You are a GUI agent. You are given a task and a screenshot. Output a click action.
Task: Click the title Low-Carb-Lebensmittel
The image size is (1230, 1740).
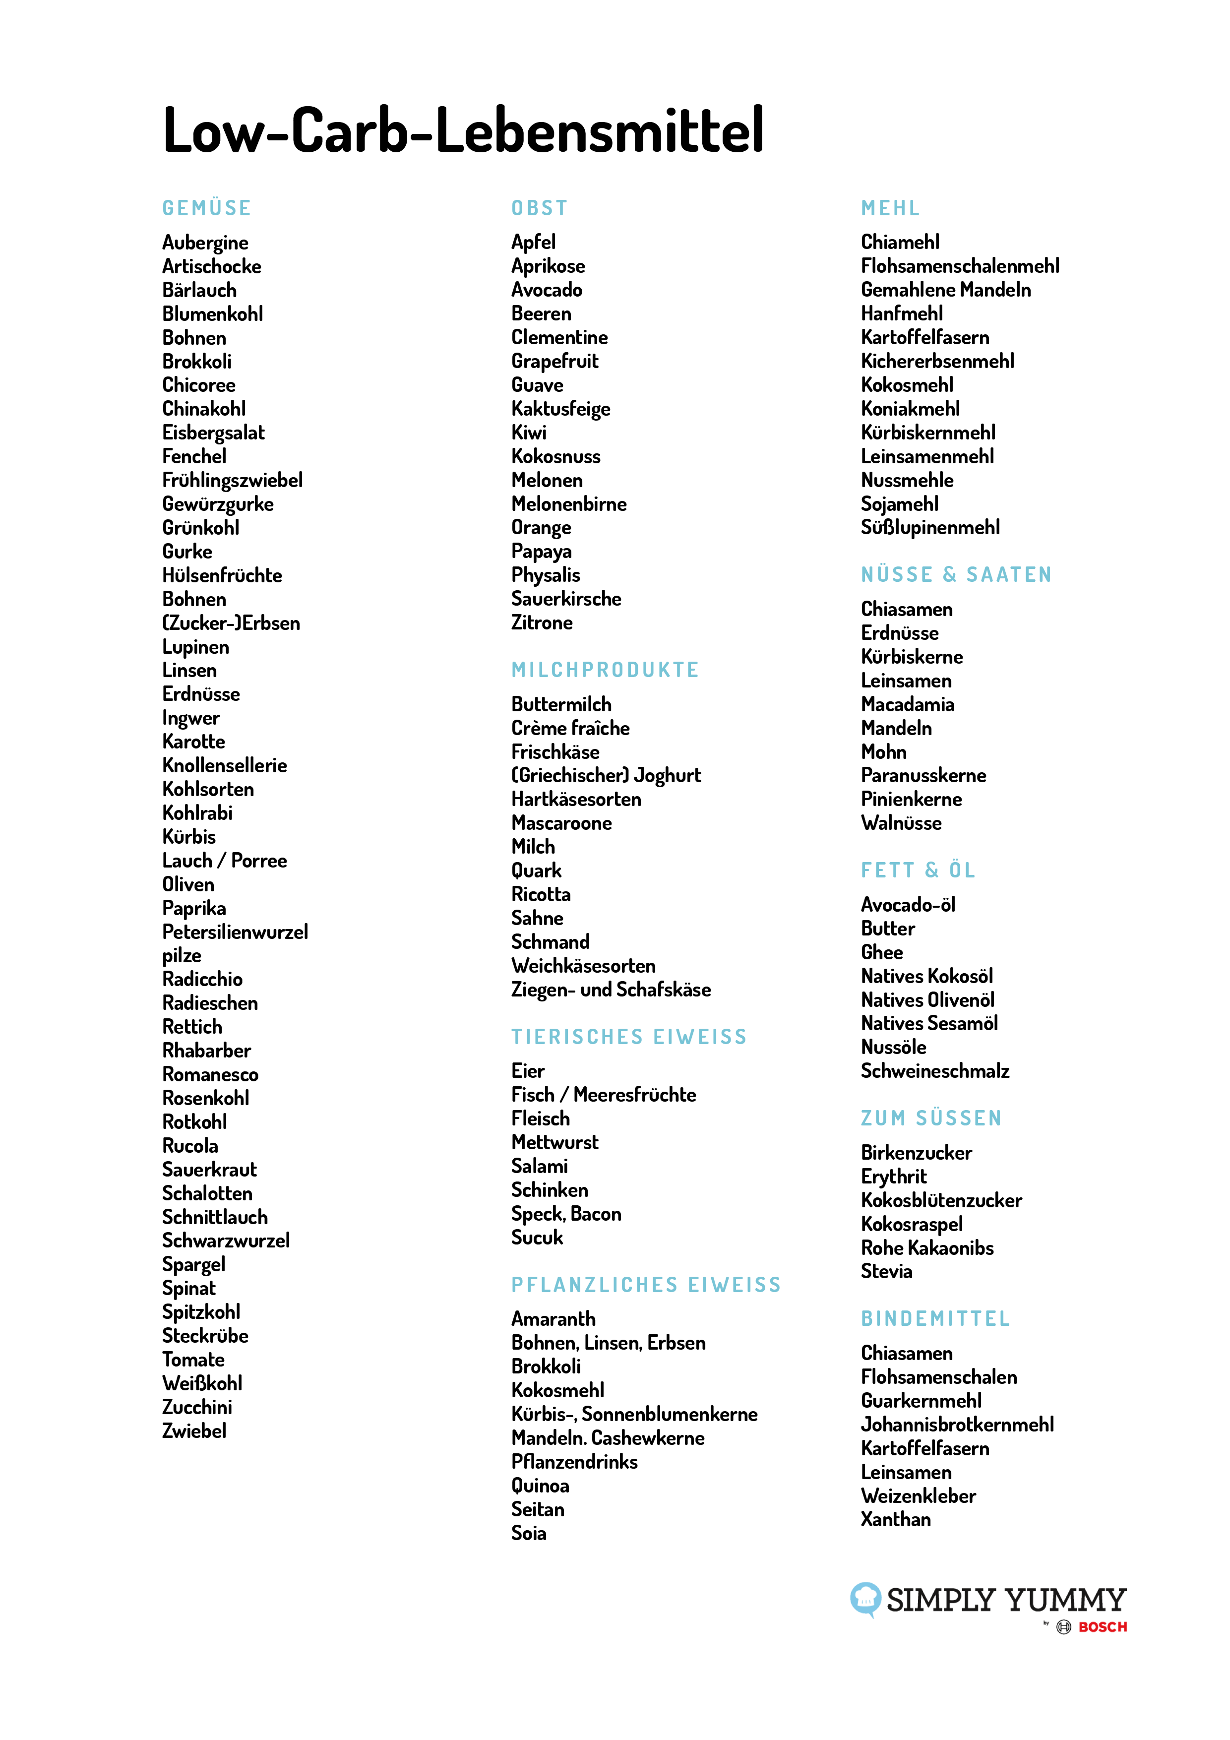[x=463, y=130]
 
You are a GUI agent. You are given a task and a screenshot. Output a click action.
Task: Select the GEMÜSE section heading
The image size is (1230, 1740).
[x=206, y=208]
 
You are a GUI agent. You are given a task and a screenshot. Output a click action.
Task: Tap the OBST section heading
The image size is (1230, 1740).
[x=540, y=208]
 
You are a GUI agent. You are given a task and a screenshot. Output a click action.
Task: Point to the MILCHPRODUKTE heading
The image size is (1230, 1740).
[x=605, y=670]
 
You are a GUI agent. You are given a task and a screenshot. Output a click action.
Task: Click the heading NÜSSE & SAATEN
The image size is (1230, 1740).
[x=956, y=575]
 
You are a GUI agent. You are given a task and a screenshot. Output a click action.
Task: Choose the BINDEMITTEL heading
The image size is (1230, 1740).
[x=935, y=1319]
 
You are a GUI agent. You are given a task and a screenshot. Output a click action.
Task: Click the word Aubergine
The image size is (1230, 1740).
[x=205, y=243]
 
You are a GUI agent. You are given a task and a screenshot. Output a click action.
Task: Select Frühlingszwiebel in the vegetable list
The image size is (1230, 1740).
[x=232, y=481]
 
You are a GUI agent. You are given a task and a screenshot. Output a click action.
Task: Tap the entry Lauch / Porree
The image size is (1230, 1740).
[x=224, y=861]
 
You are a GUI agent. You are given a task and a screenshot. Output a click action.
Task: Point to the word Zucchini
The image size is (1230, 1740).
[x=197, y=1407]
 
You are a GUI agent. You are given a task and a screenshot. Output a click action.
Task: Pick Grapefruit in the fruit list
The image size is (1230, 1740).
[x=555, y=362]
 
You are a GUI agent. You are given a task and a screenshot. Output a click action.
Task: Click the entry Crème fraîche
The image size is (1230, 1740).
[x=570, y=728]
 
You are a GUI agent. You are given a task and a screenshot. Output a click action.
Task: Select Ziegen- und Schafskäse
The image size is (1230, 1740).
[x=611, y=990]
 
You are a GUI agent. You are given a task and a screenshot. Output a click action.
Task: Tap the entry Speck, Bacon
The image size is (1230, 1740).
[x=566, y=1214]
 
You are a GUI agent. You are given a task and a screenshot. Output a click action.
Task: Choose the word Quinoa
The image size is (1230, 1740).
[x=540, y=1486]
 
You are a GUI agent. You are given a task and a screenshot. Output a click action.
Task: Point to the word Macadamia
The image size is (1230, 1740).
[x=907, y=705]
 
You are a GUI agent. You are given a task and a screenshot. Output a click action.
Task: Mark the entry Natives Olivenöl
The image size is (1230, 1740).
[x=927, y=1000]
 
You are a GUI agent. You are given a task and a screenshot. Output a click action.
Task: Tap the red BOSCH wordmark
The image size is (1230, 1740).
[x=1103, y=1627]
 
